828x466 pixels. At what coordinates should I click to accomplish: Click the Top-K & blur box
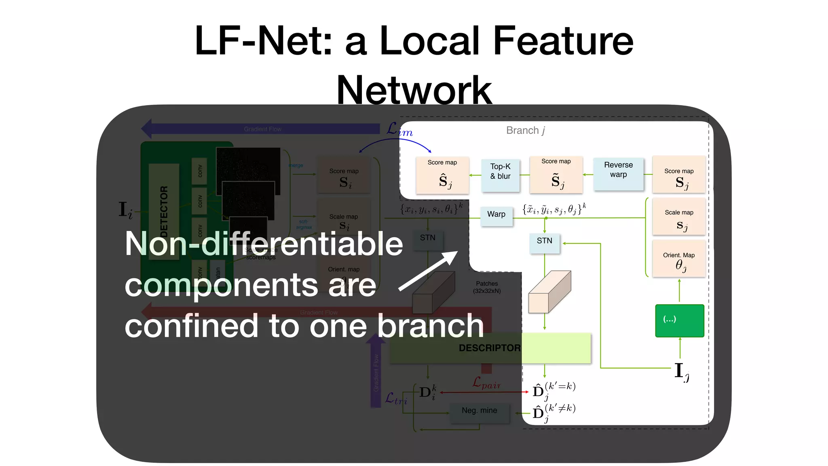500,175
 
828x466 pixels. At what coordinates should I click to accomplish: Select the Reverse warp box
618,174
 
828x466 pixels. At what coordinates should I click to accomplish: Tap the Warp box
496,216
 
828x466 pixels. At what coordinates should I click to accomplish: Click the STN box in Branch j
544,243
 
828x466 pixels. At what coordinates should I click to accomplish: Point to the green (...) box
679,320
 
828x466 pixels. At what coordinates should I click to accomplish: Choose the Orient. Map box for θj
679,258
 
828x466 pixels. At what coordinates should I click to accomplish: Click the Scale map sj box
679,216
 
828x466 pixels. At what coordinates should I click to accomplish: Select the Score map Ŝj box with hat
442,175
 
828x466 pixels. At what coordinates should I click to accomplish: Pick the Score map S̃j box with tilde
556,174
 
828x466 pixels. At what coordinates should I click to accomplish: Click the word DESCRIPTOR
489,348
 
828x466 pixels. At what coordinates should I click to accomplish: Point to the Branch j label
525,130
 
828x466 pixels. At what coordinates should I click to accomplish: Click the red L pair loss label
486,382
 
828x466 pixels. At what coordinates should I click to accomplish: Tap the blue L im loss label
399,130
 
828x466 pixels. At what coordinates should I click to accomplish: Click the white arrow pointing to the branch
429,271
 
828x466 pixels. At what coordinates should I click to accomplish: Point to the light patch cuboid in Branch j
549,292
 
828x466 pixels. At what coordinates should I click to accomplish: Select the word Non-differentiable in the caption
264,244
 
